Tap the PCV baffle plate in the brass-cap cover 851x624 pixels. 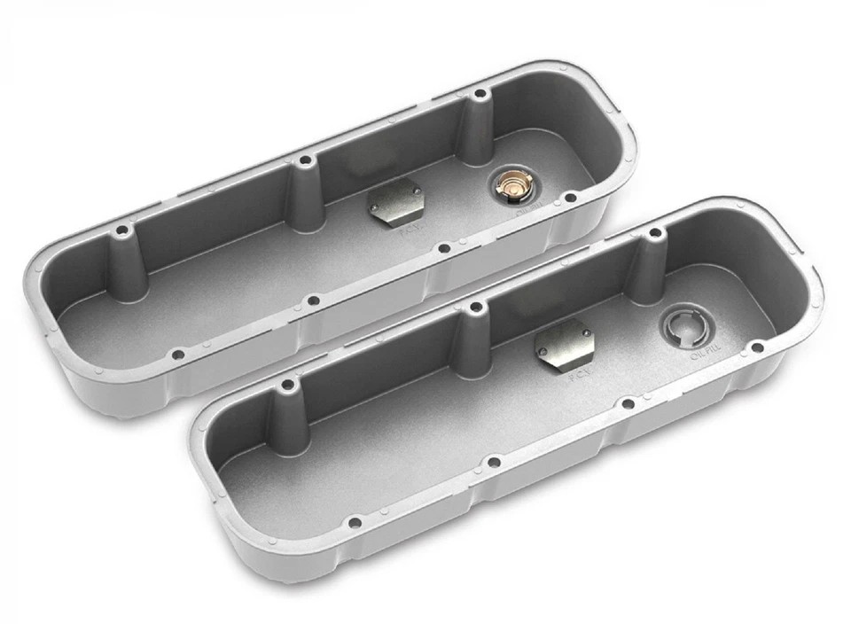[x=394, y=203]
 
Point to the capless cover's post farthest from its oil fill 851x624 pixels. [x=287, y=408]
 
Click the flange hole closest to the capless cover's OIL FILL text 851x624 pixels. [x=756, y=347]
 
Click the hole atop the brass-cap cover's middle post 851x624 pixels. [x=306, y=160]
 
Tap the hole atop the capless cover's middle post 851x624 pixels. [x=475, y=306]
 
